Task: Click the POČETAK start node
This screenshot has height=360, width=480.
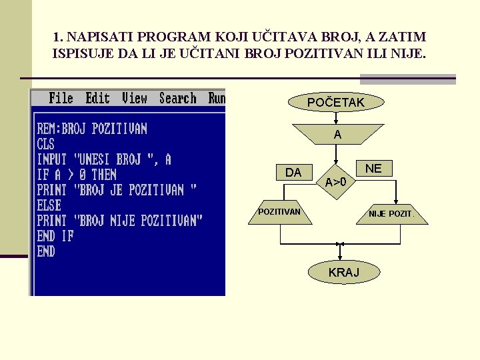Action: pyautogui.click(x=336, y=102)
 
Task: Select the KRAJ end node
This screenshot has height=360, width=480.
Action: pyautogui.click(x=343, y=272)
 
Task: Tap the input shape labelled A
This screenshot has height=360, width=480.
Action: pyautogui.click(x=337, y=134)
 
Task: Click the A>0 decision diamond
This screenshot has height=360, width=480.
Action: pyautogui.click(x=336, y=181)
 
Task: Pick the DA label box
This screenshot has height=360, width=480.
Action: pyautogui.click(x=293, y=173)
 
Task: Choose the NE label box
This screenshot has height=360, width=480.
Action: pyautogui.click(x=373, y=169)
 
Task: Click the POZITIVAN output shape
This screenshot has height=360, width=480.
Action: pyautogui.click(x=279, y=213)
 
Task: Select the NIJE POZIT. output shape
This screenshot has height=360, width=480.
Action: pyautogui.click(x=391, y=214)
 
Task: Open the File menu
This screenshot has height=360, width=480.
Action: pyautogui.click(x=61, y=98)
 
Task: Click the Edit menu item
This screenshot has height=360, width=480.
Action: pyautogui.click(x=97, y=98)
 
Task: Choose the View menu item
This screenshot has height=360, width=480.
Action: pyautogui.click(x=134, y=98)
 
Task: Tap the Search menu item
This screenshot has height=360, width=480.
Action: pyautogui.click(x=178, y=98)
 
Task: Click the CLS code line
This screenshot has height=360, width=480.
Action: pyautogui.click(x=46, y=144)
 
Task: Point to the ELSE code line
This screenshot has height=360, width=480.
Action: pyautogui.click(x=49, y=205)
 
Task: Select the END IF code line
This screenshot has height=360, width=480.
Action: pyautogui.click(x=55, y=236)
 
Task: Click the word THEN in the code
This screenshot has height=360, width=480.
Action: pyautogui.click(x=103, y=175)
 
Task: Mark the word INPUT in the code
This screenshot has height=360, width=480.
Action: pyautogui.click(x=53, y=159)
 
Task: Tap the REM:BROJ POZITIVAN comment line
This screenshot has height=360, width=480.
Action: pyautogui.click(x=92, y=129)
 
